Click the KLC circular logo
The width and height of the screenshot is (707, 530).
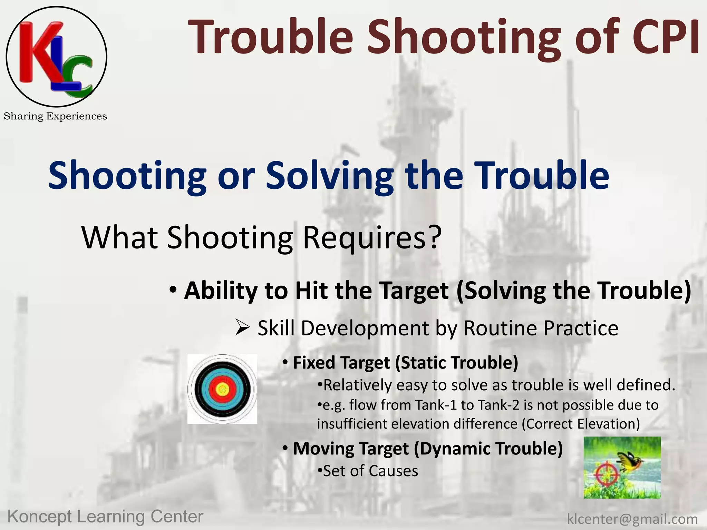(x=56, y=57)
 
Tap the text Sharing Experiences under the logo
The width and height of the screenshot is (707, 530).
(x=55, y=116)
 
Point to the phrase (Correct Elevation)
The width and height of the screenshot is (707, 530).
(x=581, y=424)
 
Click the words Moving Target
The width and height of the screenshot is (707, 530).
(x=351, y=449)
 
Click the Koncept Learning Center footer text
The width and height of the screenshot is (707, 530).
(x=105, y=517)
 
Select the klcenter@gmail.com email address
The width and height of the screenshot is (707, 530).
(x=632, y=519)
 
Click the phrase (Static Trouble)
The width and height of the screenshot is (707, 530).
(x=456, y=363)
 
